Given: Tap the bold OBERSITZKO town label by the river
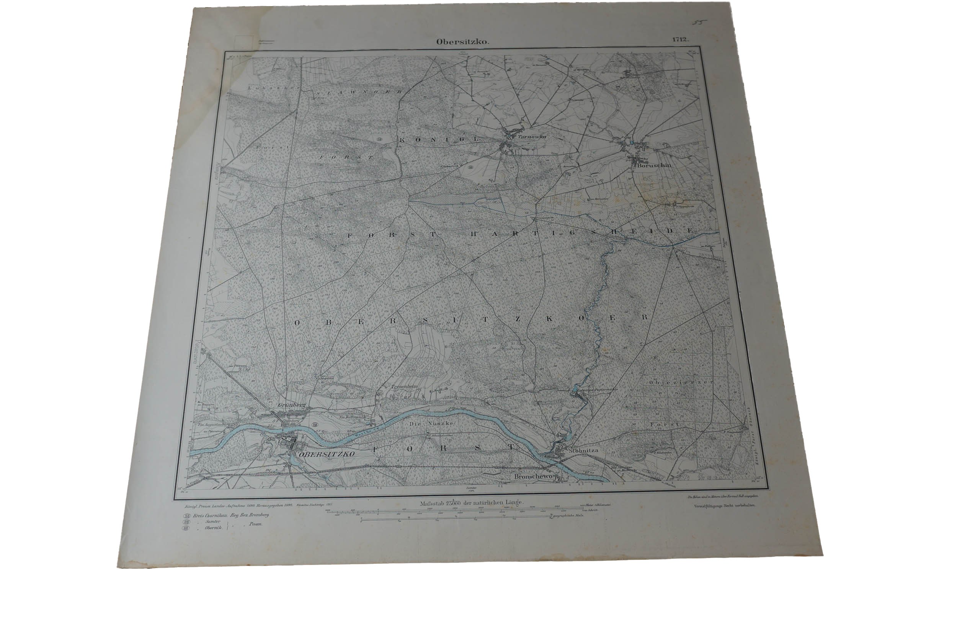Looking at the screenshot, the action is click(x=326, y=455).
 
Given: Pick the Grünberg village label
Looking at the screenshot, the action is click(x=289, y=405).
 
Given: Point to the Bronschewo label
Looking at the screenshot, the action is click(x=533, y=477).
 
